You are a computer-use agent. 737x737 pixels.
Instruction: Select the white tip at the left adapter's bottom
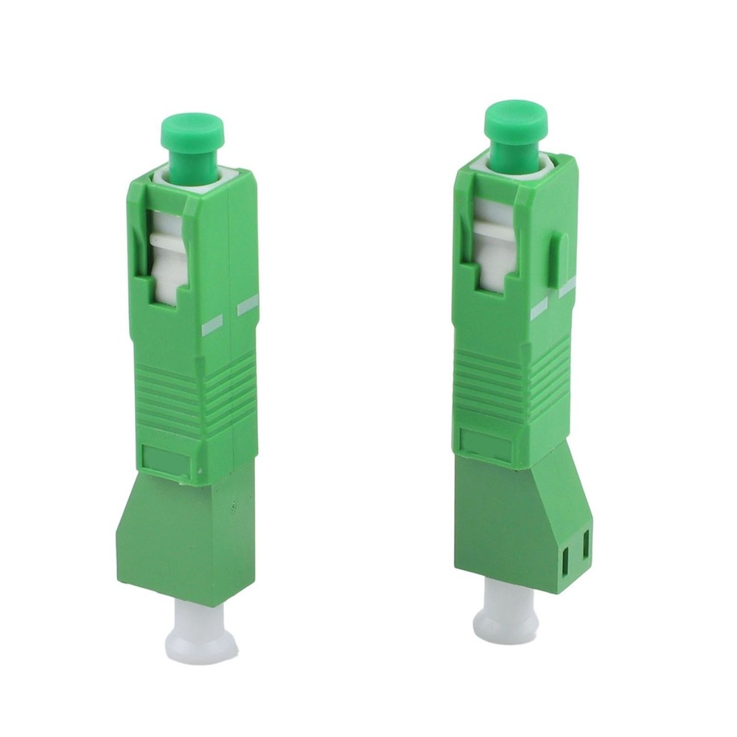pyautogui.click(x=200, y=630)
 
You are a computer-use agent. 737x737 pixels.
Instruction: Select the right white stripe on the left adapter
pyautogui.click(x=246, y=304)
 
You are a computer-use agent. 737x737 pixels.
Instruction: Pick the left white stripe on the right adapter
pyautogui.click(x=539, y=307)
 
